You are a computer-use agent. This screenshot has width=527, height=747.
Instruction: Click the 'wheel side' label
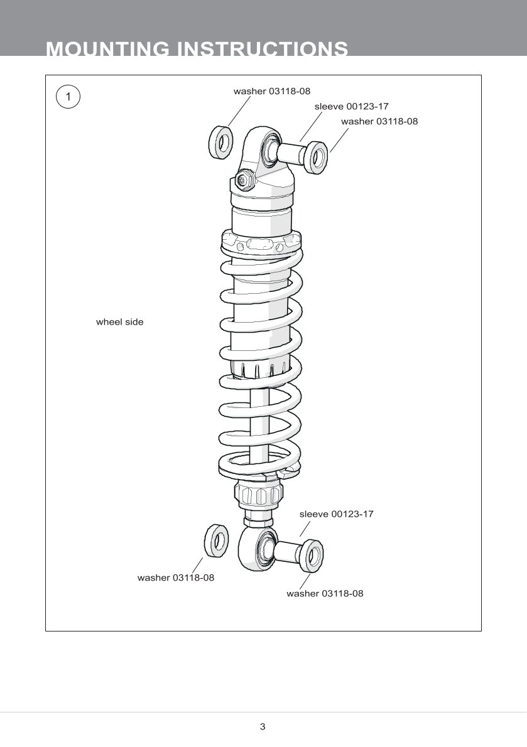click(x=119, y=322)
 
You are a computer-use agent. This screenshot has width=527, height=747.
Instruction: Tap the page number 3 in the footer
click(x=263, y=727)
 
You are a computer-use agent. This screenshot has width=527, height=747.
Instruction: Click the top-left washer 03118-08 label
click(x=271, y=91)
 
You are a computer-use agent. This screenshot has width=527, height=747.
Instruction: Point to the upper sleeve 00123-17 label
click(x=351, y=107)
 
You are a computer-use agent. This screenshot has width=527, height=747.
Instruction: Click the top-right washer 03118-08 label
click(x=379, y=122)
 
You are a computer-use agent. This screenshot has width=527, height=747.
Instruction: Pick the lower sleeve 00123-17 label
click(x=336, y=514)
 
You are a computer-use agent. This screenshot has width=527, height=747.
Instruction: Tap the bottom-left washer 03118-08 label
click(x=176, y=578)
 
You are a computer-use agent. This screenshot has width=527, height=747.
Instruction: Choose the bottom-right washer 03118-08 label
click(x=325, y=593)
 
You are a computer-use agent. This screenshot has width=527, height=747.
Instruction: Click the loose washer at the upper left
click(x=220, y=142)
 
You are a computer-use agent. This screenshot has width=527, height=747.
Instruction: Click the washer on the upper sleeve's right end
click(x=317, y=157)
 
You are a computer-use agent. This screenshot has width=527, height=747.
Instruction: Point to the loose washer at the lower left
click(x=216, y=541)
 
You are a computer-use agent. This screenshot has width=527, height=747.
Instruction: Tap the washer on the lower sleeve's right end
click(x=313, y=556)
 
